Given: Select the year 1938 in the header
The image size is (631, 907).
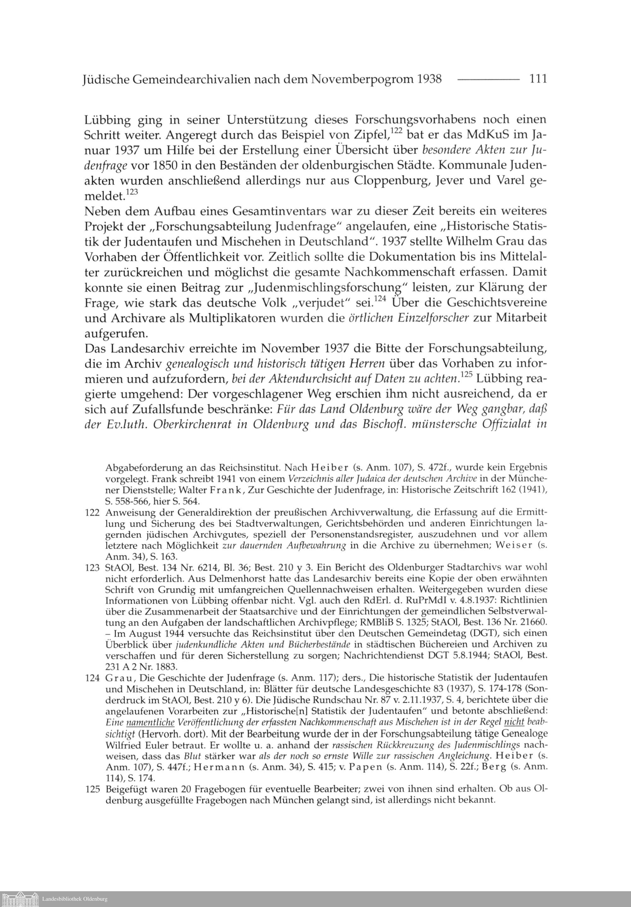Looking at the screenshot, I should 428,80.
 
